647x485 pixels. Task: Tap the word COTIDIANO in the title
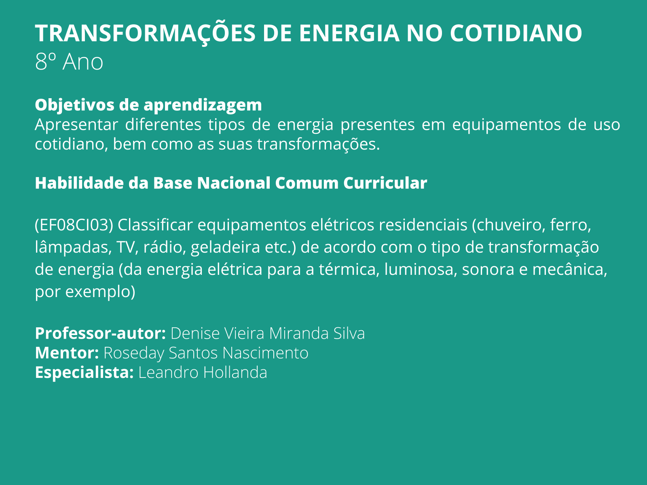click(516, 33)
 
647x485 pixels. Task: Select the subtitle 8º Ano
click(69, 62)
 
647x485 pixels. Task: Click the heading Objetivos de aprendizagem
click(148, 105)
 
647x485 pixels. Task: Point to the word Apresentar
click(76, 125)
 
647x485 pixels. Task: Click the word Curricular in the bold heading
click(385, 183)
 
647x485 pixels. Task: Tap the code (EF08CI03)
click(74, 225)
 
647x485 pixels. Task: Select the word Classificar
click(155, 225)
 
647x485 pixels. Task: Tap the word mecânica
click(570, 270)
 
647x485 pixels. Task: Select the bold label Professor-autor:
click(101, 333)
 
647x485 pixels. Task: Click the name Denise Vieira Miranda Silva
click(268, 333)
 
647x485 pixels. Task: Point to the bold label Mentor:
click(67, 353)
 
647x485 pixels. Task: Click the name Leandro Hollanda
click(203, 372)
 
